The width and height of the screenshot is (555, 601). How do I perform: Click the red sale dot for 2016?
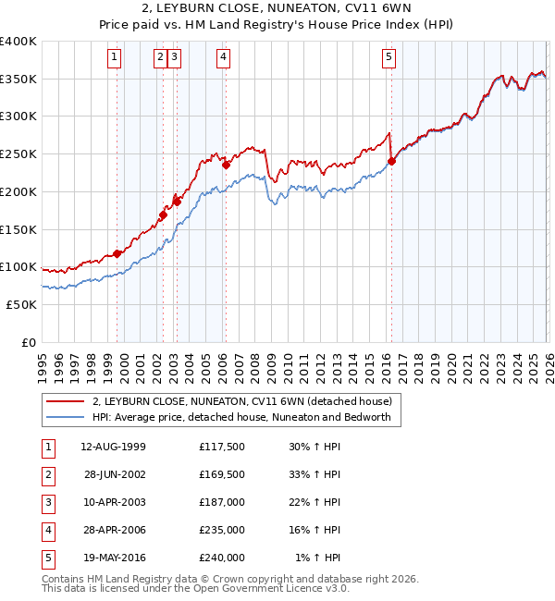point(391,161)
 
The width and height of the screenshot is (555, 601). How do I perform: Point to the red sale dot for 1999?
point(117,253)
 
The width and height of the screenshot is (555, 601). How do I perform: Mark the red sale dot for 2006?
point(226,165)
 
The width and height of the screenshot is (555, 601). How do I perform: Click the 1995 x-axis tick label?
point(42,366)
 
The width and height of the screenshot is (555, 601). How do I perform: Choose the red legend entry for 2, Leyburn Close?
point(242,401)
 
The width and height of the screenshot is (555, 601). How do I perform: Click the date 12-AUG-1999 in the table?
point(113,446)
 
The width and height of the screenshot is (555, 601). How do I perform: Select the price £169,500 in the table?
point(222,473)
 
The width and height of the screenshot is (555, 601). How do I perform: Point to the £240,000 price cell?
point(222,557)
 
